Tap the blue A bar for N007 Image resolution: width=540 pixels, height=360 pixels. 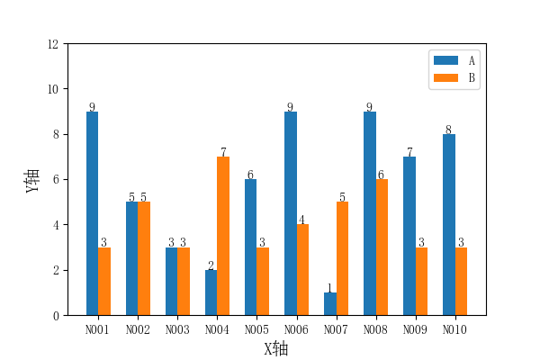(x=330, y=304)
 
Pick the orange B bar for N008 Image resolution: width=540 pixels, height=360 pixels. (x=382, y=247)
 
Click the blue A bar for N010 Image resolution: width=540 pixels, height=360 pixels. (x=449, y=225)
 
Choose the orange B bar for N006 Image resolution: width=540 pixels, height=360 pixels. (x=302, y=270)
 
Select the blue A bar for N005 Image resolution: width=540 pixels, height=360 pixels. (x=250, y=247)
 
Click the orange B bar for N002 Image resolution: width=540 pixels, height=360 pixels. (x=144, y=258)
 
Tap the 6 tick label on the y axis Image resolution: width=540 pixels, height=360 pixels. (x=58, y=180)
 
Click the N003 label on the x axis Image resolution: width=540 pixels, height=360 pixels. (x=177, y=330)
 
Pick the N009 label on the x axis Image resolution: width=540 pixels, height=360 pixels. (x=415, y=330)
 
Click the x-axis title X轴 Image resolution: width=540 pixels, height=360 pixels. (x=276, y=349)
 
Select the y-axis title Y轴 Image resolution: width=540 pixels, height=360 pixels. (x=32, y=180)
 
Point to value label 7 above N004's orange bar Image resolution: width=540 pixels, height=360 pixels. (x=223, y=152)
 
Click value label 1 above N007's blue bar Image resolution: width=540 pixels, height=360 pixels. (x=329, y=288)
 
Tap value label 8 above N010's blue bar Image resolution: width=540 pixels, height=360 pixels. (x=448, y=130)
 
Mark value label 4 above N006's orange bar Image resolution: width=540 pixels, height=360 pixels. (x=302, y=220)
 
